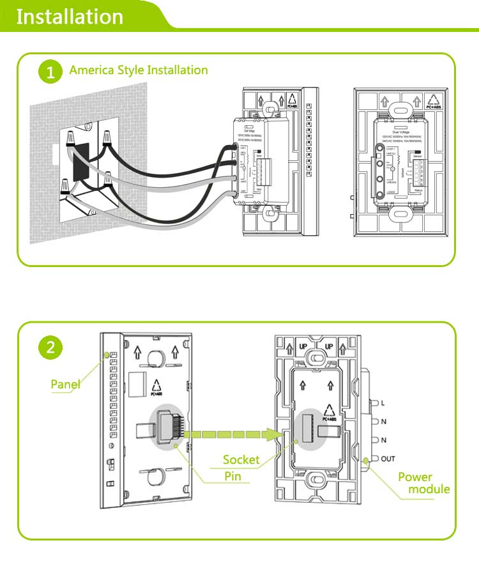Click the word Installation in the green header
(x=69, y=15)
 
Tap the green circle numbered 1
(x=50, y=71)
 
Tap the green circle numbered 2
(x=50, y=348)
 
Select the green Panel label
(x=65, y=384)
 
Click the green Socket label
(x=241, y=459)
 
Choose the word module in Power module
(x=429, y=489)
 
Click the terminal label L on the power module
(x=383, y=403)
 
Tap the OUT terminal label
(x=388, y=459)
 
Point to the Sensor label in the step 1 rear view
(x=418, y=155)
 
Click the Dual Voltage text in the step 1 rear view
(x=401, y=130)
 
